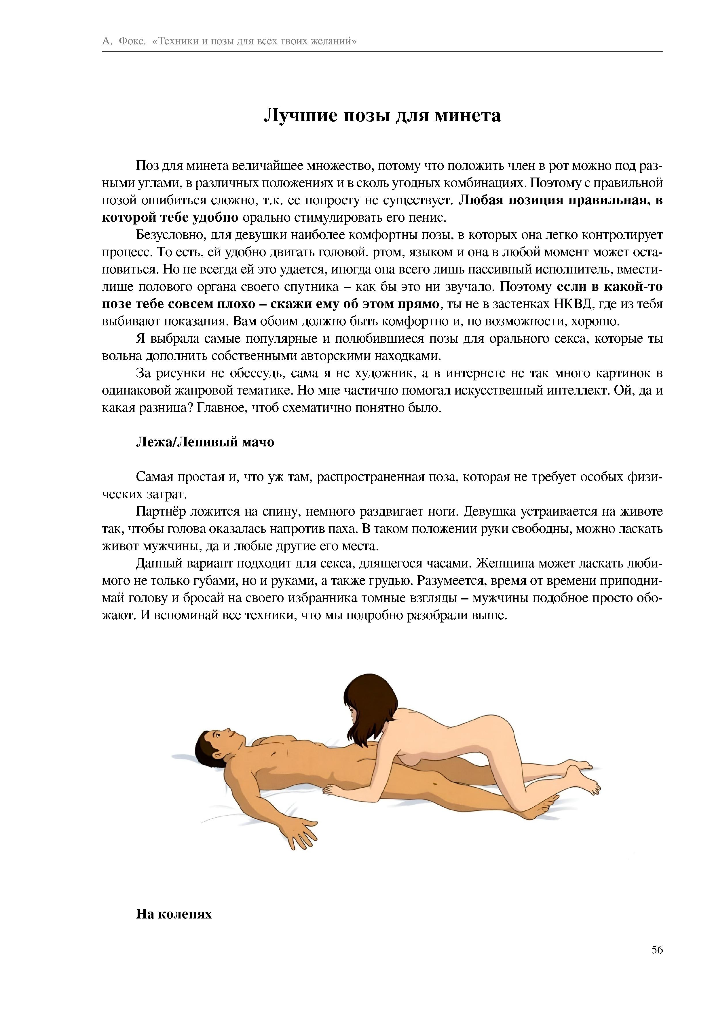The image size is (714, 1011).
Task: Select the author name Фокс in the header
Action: (131, 42)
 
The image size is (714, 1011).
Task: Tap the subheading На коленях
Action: (174, 914)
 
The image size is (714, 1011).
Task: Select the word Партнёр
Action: (163, 511)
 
